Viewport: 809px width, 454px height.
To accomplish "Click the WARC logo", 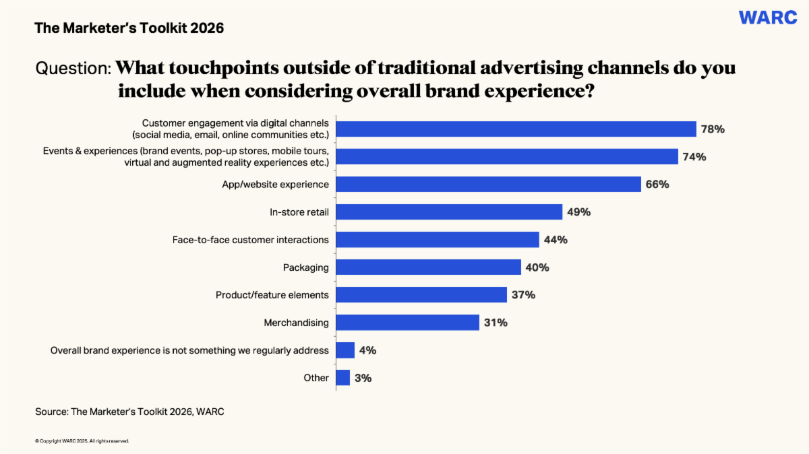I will [768, 18].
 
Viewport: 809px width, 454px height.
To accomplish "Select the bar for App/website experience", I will [488, 184].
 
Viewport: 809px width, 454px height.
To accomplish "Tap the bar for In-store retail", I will [449, 212].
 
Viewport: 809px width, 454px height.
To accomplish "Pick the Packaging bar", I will [428, 267].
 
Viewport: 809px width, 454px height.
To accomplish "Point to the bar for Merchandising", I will [407, 323].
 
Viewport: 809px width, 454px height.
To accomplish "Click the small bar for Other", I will [342, 378].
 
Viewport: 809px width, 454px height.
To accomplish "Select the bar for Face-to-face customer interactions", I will [438, 240].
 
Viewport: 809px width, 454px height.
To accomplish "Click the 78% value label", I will [712, 129].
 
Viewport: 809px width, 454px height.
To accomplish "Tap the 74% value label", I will [694, 157].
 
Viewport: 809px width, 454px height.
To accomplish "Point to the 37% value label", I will [522, 295].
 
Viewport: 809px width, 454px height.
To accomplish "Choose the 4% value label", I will [368, 350].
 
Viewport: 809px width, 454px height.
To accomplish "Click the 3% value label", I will [363, 378].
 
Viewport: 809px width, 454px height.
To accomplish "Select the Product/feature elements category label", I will [272, 295].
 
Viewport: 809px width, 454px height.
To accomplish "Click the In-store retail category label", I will [299, 212].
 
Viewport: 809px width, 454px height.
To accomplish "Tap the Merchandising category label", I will [296, 323].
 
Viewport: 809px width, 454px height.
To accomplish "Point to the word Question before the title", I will [73, 69].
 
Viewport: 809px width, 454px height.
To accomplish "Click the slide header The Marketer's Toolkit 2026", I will [129, 28].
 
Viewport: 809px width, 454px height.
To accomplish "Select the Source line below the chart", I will [129, 412].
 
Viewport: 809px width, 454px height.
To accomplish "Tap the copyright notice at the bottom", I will [82, 441].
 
